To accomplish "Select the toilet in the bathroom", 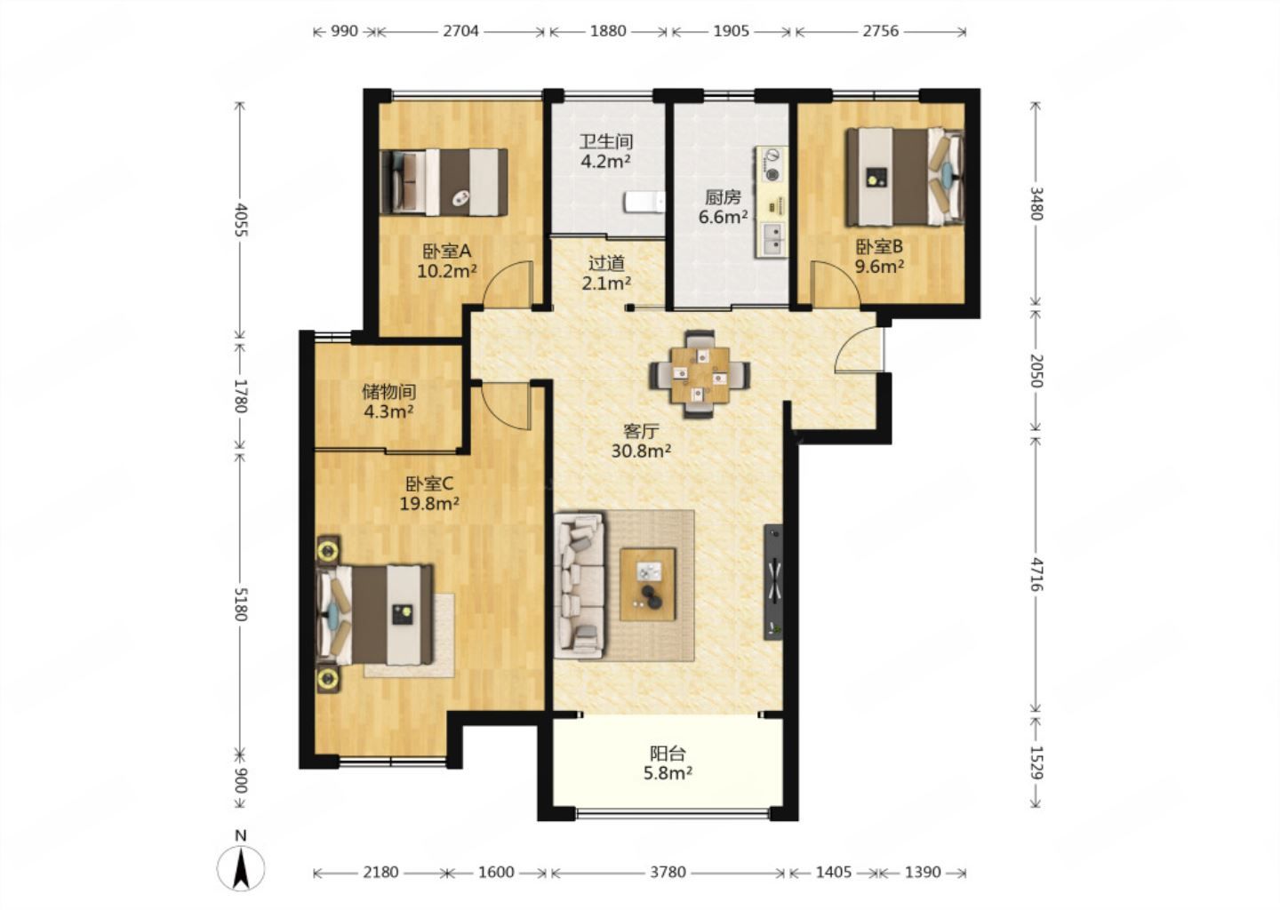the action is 645,203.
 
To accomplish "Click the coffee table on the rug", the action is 648,584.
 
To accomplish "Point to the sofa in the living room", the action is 579,586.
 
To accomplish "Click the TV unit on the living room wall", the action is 773,581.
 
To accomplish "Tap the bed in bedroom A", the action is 444,182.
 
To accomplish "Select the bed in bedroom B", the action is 905,177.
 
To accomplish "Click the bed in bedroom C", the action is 374,615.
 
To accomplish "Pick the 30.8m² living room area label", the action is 641,451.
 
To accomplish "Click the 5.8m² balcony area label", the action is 668,773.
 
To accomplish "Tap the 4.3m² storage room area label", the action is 388,411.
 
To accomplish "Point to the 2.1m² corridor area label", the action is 606,283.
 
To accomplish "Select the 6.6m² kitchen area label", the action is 723,217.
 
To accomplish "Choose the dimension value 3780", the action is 668,873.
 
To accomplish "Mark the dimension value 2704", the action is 460,31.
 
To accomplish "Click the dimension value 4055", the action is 241,220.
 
